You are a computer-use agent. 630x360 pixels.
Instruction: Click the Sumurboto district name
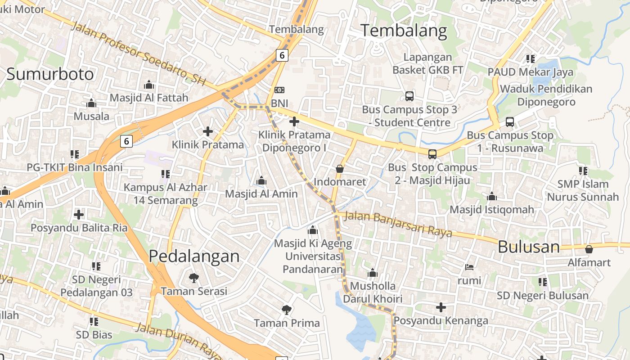[x=50, y=74]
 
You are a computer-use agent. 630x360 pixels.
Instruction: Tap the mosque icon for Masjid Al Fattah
[x=149, y=85]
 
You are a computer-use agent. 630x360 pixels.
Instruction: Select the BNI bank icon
[x=279, y=90]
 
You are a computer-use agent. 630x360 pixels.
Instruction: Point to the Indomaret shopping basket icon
[x=340, y=169]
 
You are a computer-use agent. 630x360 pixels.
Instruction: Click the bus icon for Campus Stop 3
[x=409, y=96]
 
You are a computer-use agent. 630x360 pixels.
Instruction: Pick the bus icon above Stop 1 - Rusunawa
[x=510, y=121]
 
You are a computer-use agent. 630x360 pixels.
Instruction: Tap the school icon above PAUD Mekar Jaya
[x=531, y=58]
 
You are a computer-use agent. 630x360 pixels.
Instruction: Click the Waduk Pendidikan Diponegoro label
[x=546, y=95]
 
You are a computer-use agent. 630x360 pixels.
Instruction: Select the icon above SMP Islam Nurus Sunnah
[x=583, y=171]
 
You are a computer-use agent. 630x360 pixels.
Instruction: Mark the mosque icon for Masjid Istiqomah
[x=492, y=196]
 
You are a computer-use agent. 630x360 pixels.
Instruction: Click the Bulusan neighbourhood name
[x=529, y=247]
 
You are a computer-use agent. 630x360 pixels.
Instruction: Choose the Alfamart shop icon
[x=589, y=249]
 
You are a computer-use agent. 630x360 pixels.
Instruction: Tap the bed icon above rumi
[x=469, y=267]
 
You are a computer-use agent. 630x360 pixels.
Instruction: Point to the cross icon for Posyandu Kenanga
[x=441, y=307]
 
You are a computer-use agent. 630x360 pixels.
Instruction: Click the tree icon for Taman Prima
[x=286, y=310]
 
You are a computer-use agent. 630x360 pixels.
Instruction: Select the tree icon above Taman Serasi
[x=194, y=278]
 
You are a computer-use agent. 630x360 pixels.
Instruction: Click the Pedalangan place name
[x=194, y=256]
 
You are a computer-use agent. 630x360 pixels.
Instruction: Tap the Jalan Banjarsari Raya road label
[x=398, y=224]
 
